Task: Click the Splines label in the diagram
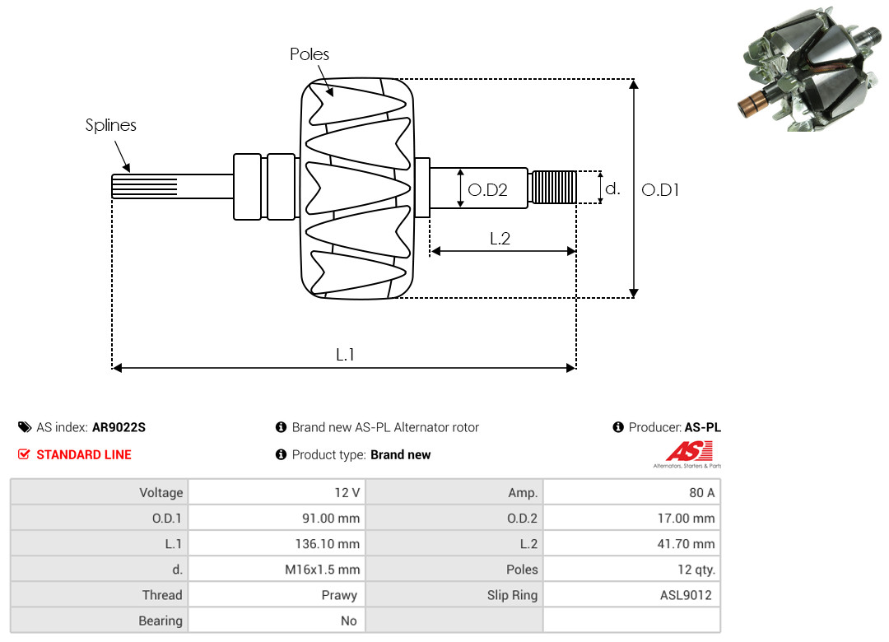coord(111,125)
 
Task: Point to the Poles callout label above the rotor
coord(310,54)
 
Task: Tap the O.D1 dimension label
coord(660,190)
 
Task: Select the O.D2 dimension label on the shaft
coord(487,190)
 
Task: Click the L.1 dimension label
coord(345,355)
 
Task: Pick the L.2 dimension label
coord(500,239)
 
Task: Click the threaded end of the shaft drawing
coord(554,187)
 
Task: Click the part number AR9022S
coord(119,427)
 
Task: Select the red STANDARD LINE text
coord(83,454)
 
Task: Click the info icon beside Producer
coord(618,427)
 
